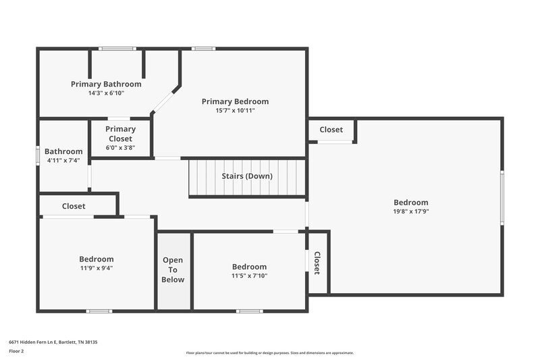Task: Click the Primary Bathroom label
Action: pos(106,84)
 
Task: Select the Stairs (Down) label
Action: pos(247,176)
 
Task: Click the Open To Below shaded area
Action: pos(173,270)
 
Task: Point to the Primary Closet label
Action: pos(120,134)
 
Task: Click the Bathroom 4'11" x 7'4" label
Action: pos(63,156)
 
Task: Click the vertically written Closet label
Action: pos(317,263)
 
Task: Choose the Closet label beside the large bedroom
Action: pos(331,130)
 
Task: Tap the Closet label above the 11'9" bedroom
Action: pos(74,206)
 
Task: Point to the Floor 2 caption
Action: pos(16,351)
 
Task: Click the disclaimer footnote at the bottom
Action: pos(269,353)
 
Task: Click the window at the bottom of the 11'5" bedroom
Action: pos(249,311)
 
